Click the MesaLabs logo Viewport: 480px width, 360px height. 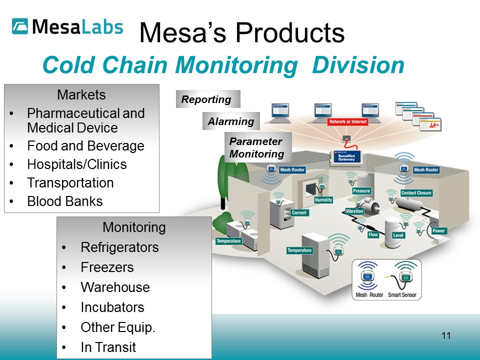click(x=67, y=26)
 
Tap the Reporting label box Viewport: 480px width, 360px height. click(x=207, y=99)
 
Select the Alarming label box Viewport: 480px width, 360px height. click(x=231, y=121)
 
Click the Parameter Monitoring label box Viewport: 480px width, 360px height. click(x=256, y=147)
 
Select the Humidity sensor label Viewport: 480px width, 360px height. click(x=323, y=200)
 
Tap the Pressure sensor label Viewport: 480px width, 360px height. click(x=361, y=191)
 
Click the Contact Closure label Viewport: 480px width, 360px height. click(x=416, y=193)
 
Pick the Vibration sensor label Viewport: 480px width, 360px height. click(x=354, y=211)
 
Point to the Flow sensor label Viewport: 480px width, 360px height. click(x=373, y=234)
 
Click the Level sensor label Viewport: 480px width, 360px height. click(x=398, y=235)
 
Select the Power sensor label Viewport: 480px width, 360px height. click(x=438, y=231)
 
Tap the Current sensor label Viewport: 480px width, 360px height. click(x=299, y=213)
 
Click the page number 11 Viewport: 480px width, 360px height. click(x=446, y=335)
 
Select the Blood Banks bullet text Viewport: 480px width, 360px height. click(x=65, y=201)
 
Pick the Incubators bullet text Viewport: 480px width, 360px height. click(x=112, y=307)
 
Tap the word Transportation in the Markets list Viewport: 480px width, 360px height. click(x=70, y=183)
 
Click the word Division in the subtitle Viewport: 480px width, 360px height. click(x=358, y=65)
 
